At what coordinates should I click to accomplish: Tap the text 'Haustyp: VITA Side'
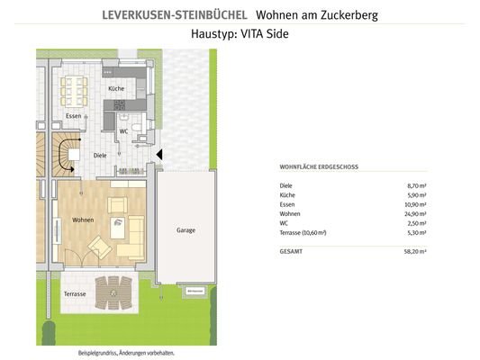pos(240,33)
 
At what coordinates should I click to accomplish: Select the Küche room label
pos(116,89)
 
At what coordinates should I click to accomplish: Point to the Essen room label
pos(74,116)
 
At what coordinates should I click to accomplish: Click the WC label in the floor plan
pos(123,130)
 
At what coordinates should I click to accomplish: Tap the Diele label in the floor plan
pos(101,155)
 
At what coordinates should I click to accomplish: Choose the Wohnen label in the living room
pos(83,219)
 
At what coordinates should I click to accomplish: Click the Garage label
pos(185,229)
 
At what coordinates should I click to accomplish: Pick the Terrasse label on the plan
pos(75,294)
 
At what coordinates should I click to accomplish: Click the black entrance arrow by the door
pos(159,155)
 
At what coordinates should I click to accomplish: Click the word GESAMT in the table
pos(291,252)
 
